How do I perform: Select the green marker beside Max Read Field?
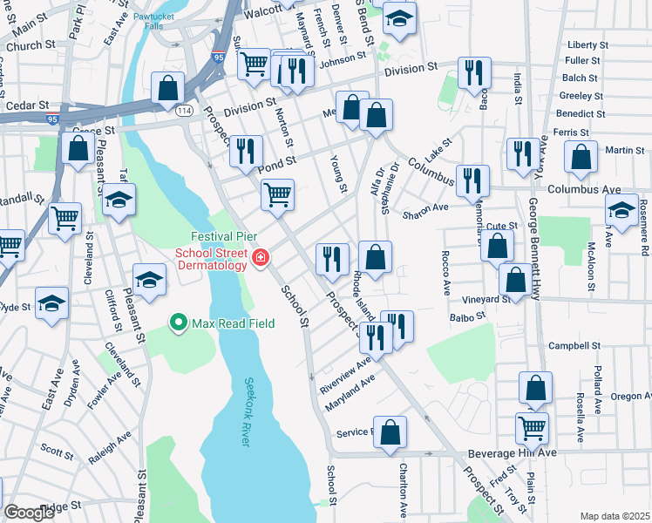[x=180, y=323]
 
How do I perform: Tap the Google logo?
[x=29, y=512]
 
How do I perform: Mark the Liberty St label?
[x=587, y=44]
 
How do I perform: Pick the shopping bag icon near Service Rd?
[x=391, y=431]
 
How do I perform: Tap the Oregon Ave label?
[x=629, y=396]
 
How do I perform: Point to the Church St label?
[x=30, y=45]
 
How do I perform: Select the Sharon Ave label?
[x=424, y=207]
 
